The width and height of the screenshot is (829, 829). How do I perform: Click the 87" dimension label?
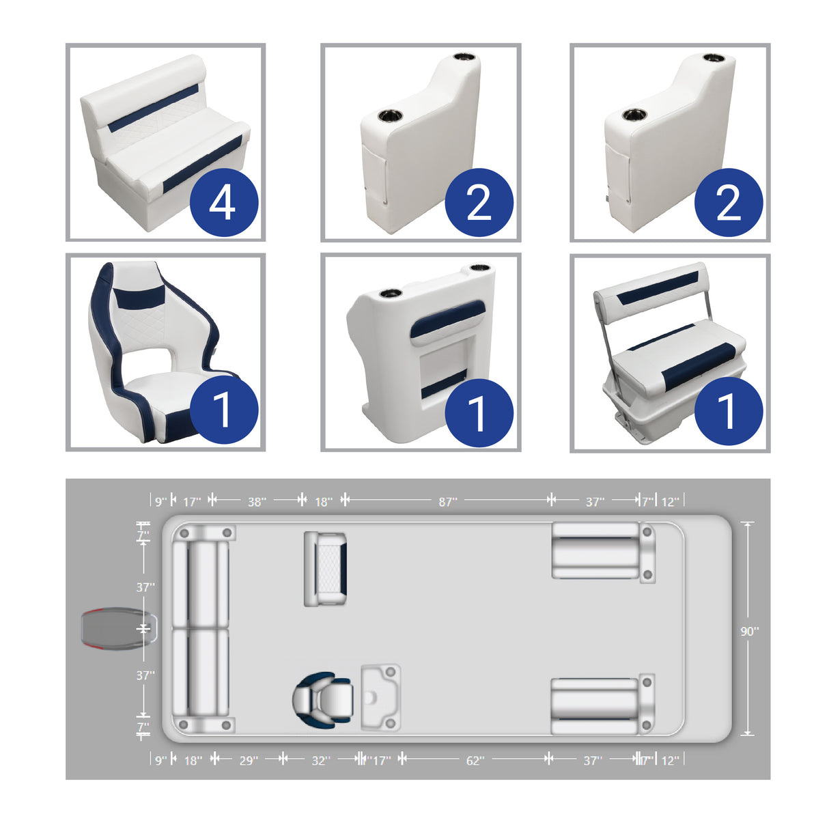tap(447, 502)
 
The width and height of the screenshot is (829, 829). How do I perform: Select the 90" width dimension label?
tap(749, 632)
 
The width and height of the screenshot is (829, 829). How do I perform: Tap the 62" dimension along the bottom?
tap(475, 760)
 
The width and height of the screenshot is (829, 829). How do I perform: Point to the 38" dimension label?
tap(256, 502)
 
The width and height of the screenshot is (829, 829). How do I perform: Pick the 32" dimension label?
tap(320, 760)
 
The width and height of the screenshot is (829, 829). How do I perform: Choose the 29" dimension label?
tap(249, 760)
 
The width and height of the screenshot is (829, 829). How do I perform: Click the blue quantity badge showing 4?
tap(223, 203)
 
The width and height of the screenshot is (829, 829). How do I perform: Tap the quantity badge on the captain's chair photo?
tap(223, 410)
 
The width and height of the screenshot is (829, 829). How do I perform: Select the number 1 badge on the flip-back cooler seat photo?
tap(728, 411)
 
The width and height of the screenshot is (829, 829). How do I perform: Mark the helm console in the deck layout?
tap(380, 697)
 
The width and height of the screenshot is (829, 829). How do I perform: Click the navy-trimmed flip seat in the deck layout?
tap(326, 569)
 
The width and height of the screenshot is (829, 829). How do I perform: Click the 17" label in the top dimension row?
tap(192, 502)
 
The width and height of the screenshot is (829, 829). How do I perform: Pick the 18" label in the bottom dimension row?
tap(193, 760)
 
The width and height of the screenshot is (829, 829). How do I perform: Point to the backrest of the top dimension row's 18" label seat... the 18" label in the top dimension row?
tap(323, 502)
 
